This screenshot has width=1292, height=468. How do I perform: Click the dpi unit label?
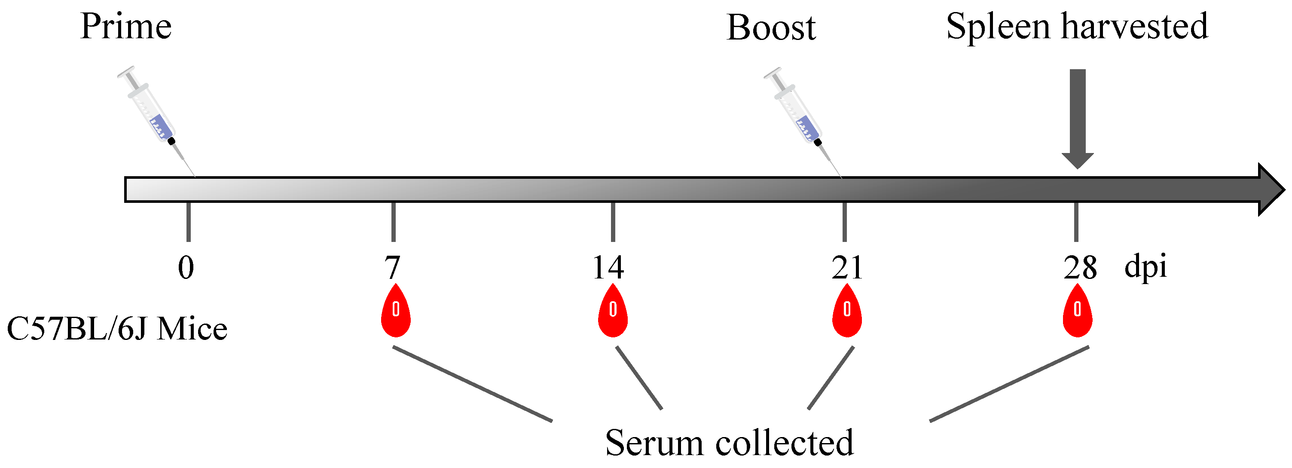pyautogui.click(x=1145, y=266)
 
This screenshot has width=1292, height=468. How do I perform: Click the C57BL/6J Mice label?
pyautogui.click(x=117, y=330)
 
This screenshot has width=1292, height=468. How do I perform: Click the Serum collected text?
pyautogui.click(x=729, y=443)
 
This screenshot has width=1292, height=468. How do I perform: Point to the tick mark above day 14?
pyautogui.click(x=613, y=221)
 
